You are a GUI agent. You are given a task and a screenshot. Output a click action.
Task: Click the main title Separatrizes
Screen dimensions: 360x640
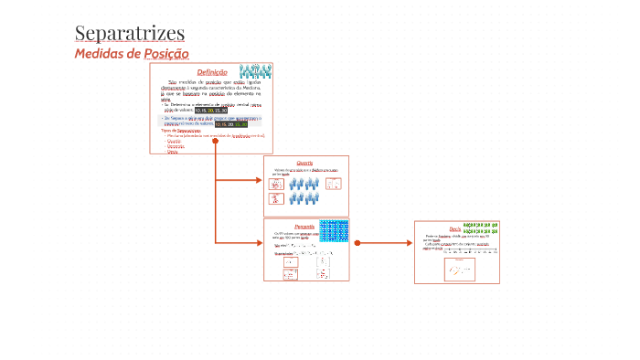129,35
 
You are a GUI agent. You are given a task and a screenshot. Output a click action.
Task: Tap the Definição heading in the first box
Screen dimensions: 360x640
211,72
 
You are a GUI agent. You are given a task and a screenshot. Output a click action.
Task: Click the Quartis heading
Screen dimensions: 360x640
304,163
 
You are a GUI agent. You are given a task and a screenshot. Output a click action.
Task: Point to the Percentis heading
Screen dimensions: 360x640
304,226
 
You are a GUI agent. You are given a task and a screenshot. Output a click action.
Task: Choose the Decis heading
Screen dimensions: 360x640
454,228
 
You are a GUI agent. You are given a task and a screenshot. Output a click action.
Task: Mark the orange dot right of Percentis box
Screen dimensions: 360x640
357,243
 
